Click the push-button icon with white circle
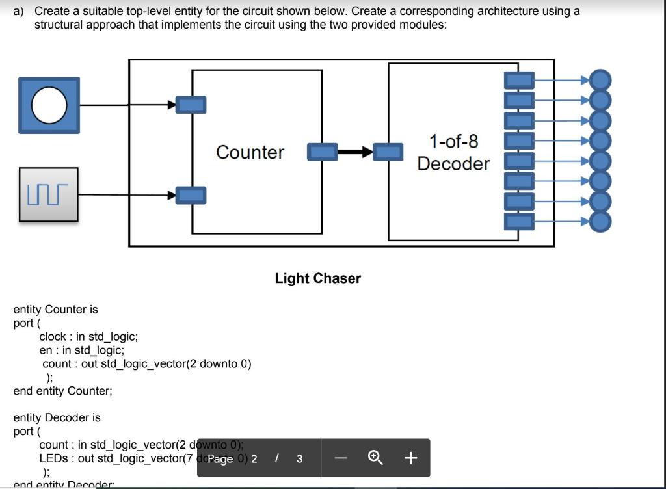pos(49,105)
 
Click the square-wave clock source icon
pos(49,194)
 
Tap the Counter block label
pos(250,152)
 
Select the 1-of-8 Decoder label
pos(453,152)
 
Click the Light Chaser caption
pos(317,278)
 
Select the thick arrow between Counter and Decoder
pos(355,152)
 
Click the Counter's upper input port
pos(192,104)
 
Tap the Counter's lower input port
pos(192,194)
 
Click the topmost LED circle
pos(600,81)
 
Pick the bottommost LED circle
pos(600,222)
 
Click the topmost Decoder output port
pos(519,81)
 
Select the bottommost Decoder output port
pos(519,222)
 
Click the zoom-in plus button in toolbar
pos(410,458)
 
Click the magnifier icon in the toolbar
pos(375,458)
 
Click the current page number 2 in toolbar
pos(254,458)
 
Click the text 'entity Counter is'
pos(56,310)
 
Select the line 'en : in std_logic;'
pos(77,350)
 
